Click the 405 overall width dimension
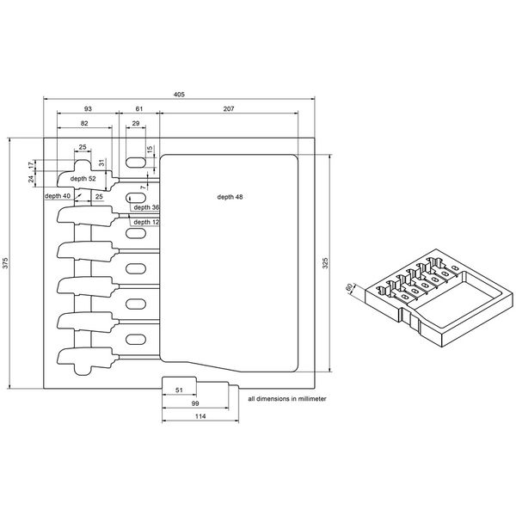[180, 94]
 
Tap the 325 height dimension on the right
[324, 263]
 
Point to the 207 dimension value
[229, 108]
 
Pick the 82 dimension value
[83, 125]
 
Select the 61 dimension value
[139, 108]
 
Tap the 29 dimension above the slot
[136, 125]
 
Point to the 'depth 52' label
[83, 178]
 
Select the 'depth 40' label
[58, 196]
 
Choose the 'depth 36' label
[146, 207]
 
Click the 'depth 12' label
[146, 222]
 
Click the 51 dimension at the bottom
[178, 390]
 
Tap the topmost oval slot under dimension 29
[136, 163]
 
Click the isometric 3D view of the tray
[430, 297]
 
